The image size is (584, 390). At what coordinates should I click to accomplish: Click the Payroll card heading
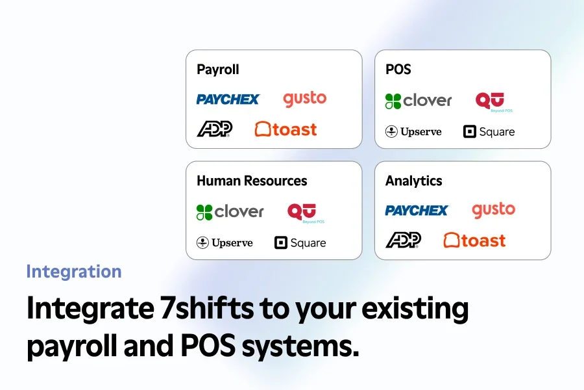pos(218,70)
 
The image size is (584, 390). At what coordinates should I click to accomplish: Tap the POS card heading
pos(398,70)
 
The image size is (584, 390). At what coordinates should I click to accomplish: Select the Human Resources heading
pos(252,181)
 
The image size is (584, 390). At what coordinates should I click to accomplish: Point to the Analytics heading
pos(414,181)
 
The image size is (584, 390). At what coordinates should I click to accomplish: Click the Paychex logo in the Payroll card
pos(228,99)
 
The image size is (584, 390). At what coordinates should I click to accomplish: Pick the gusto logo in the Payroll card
pos(305,99)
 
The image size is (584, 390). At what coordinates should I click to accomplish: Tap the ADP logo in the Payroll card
pos(215,129)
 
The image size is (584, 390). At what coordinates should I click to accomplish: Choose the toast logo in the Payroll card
pos(286,129)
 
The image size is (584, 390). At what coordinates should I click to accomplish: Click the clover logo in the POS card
pos(419,101)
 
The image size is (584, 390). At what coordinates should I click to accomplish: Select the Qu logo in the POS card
pos(494,102)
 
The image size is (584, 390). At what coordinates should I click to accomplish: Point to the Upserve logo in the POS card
pos(413,132)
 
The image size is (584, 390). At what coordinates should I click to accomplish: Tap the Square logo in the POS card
pos(489,132)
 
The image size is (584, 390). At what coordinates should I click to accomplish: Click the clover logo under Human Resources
pos(230,212)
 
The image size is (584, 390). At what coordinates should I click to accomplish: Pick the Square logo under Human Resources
pos(300,243)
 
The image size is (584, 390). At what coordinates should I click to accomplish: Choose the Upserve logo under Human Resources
pos(225,243)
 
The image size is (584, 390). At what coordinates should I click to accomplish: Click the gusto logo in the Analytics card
pos(494,211)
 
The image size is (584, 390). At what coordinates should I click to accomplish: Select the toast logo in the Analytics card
pos(474,240)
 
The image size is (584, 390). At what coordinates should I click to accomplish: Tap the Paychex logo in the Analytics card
pos(417,211)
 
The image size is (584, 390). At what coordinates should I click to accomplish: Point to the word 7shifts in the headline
pos(207,308)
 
